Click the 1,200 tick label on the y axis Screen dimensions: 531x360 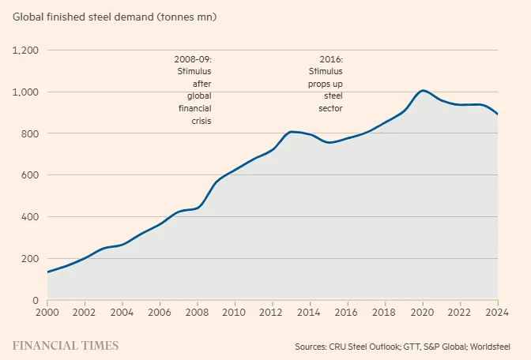click(25, 51)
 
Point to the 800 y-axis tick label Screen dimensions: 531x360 click(30, 133)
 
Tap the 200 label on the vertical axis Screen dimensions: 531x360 click(30, 259)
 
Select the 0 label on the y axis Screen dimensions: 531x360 click(36, 301)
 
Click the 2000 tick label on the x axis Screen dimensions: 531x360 click(47, 312)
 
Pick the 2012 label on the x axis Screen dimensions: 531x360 click(273, 312)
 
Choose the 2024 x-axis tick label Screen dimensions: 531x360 click(497, 312)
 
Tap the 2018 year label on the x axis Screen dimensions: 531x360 click(385, 312)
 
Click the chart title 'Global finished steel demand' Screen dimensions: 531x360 click(83, 17)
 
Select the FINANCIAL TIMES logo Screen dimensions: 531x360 click(66, 346)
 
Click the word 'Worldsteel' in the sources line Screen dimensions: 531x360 click(490, 347)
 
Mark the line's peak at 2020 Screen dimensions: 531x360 click(423, 90)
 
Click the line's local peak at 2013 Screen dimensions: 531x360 click(292, 132)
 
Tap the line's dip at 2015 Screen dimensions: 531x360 click(329, 143)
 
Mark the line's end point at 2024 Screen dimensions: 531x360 click(498, 114)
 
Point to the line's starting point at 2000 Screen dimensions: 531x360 click(47, 272)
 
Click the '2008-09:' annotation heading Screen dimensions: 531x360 click(193, 59)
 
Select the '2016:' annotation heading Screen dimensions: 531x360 click(331, 59)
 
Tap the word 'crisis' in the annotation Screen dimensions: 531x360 click(201, 121)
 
